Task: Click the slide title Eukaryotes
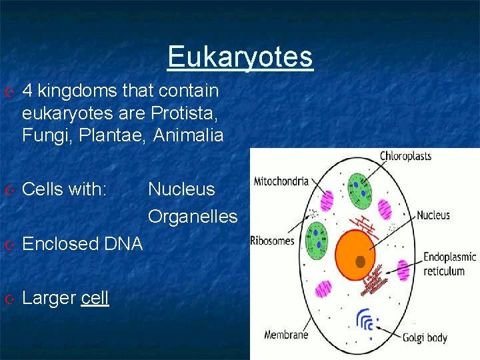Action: [x=240, y=57]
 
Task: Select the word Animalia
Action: [x=189, y=135]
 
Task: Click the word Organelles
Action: [x=193, y=217]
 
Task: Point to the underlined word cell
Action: [x=95, y=298]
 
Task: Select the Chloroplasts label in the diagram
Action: [x=405, y=157]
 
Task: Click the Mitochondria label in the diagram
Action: [x=281, y=181]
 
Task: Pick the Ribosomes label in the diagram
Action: [x=272, y=241]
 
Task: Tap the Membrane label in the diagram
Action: [x=286, y=335]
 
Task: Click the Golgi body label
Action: [x=425, y=338]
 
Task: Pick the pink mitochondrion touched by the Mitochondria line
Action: [x=327, y=200]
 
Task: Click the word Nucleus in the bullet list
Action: [x=181, y=189]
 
